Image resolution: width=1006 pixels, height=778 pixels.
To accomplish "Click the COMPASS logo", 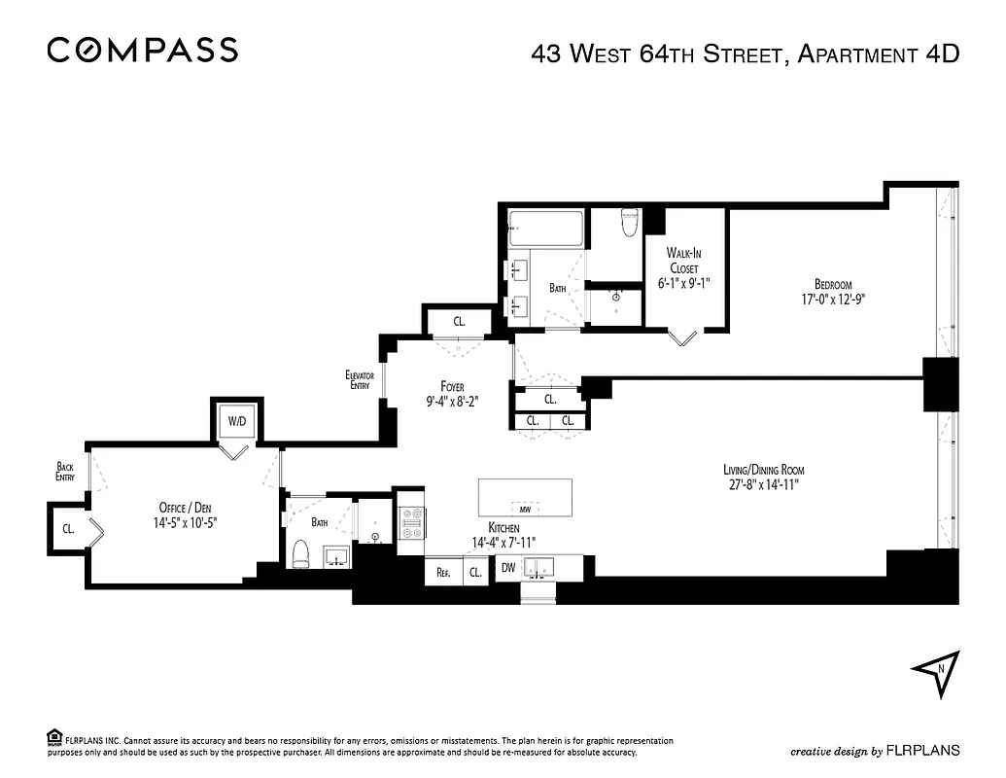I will [142, 50].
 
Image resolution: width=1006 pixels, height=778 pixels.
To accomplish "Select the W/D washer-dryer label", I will [237, 422].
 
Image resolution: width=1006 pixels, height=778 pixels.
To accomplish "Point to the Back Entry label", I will [65, 472].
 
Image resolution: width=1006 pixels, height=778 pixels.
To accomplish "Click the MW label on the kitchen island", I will [525, 509].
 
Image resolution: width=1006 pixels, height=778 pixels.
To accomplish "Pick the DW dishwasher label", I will [508, 567].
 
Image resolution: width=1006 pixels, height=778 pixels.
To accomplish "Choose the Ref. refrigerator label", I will [443, 573].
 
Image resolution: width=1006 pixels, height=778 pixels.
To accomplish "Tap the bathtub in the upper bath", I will [545, 230].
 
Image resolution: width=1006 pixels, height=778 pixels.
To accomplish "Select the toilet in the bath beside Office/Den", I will [299, 554].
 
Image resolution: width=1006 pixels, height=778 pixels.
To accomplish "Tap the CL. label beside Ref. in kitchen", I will [475, 573].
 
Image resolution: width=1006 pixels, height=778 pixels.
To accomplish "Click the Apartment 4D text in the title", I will [878, 53].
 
